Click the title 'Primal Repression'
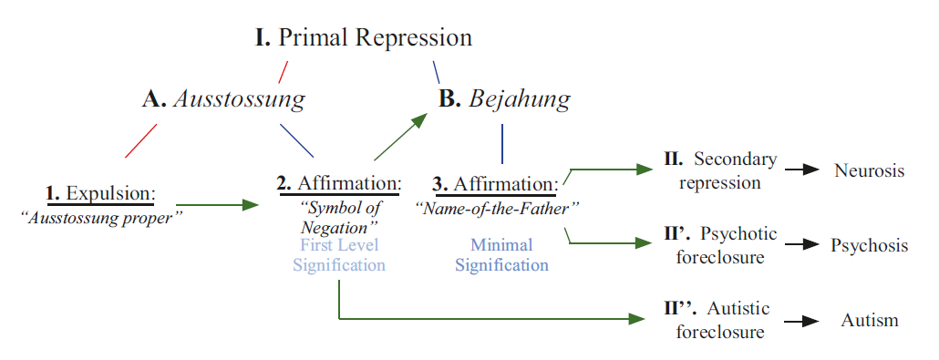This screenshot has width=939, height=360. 375,38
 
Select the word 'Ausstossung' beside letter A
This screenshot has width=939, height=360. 239,100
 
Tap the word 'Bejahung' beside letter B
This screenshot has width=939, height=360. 519,100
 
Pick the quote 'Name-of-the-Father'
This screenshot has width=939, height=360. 497,209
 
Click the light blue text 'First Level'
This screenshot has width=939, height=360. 339,245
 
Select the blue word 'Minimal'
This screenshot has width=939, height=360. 501,245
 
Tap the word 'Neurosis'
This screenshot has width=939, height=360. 869,170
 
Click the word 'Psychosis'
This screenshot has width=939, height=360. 869,245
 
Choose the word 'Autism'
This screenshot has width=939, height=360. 870,320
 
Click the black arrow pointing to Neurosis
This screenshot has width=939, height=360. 802,170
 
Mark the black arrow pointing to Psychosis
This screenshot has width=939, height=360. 802,245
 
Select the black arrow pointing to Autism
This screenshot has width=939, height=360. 802,320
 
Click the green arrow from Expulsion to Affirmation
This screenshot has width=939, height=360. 218,205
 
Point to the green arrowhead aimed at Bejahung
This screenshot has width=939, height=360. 418,121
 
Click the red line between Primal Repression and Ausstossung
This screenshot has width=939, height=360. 284,72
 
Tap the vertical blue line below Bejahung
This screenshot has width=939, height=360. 501,144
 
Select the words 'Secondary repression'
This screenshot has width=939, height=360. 720,170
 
